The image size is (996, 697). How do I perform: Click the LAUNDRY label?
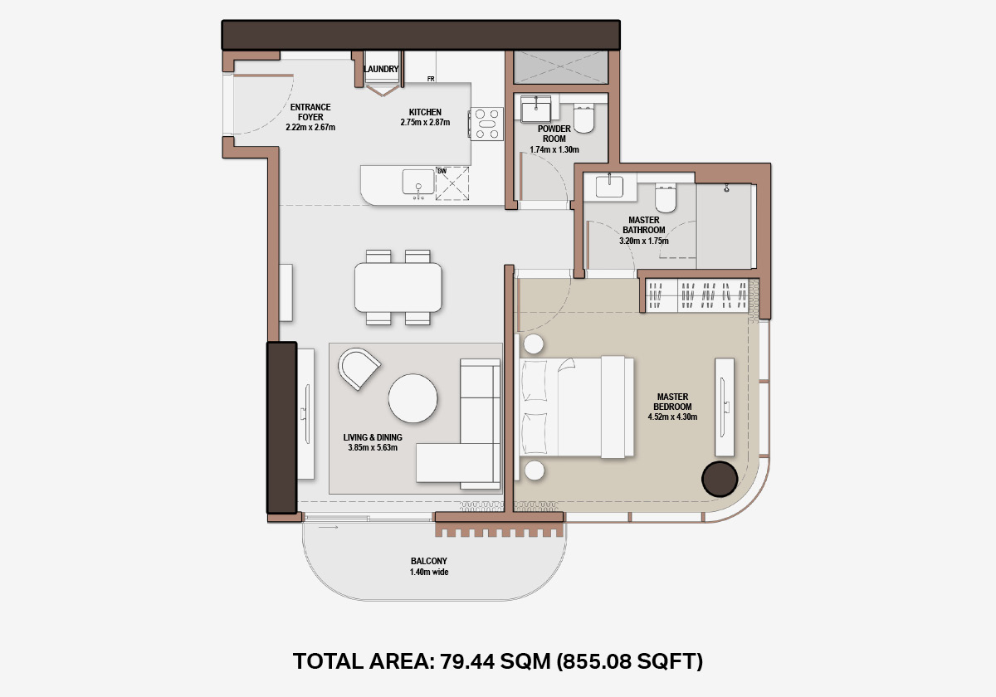pyautogui.click(x=381, y=69)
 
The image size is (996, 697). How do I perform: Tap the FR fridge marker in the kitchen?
pyautogui.click(x=431, y=79)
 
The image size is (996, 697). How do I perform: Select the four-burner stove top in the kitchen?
pyautogui.click(x=487, y=124)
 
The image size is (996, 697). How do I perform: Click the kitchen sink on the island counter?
pyautogui.click(x=418, y=182)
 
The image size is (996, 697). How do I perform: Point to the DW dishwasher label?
pyautogui.click(x=442, y=171)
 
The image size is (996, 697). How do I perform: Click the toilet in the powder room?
pyautogui.click(x=583, y=118)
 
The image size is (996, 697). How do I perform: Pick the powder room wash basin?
pyautogui.click(x=536, y=109)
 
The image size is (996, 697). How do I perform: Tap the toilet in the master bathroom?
pyautogui.click(x=665, y=197)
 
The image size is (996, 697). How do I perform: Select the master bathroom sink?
pyautogui.click(x=609, y=186)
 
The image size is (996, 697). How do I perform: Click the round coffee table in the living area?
pyautogui.click(x=413, y=397)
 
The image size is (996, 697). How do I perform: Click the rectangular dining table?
pyautogui.click(x=398, y=287)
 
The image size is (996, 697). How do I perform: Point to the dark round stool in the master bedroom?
pyautogui.click(x=720, y=479)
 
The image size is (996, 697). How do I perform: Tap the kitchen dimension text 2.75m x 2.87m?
pyautogui.click(x=425, y=122)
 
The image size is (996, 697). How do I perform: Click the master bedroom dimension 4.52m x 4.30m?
pyautogui.click(x=672, y=417)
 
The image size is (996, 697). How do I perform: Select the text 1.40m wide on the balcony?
pyautogui.click(x=429, y=572)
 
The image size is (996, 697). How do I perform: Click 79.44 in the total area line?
pyautogui.click(x=466, y=661)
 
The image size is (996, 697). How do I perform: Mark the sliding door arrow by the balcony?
pyautogui.click(x=328, y=527)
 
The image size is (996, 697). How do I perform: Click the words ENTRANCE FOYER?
pyautogui.click(x=310, y=112)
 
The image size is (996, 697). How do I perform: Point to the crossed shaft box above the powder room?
pyautogui.click(x=561, y=67)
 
